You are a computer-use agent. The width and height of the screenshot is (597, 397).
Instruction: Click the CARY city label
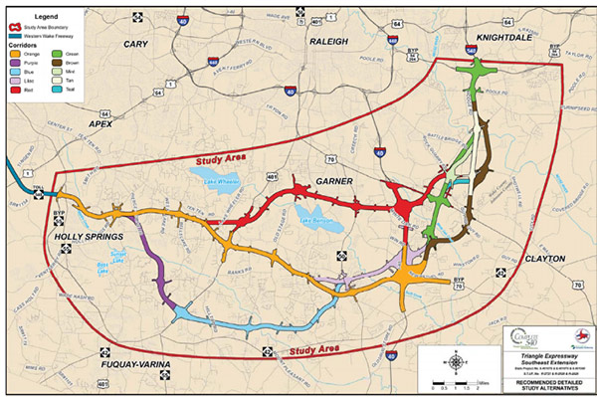134,46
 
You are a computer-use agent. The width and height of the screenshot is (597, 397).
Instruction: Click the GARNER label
334,182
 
